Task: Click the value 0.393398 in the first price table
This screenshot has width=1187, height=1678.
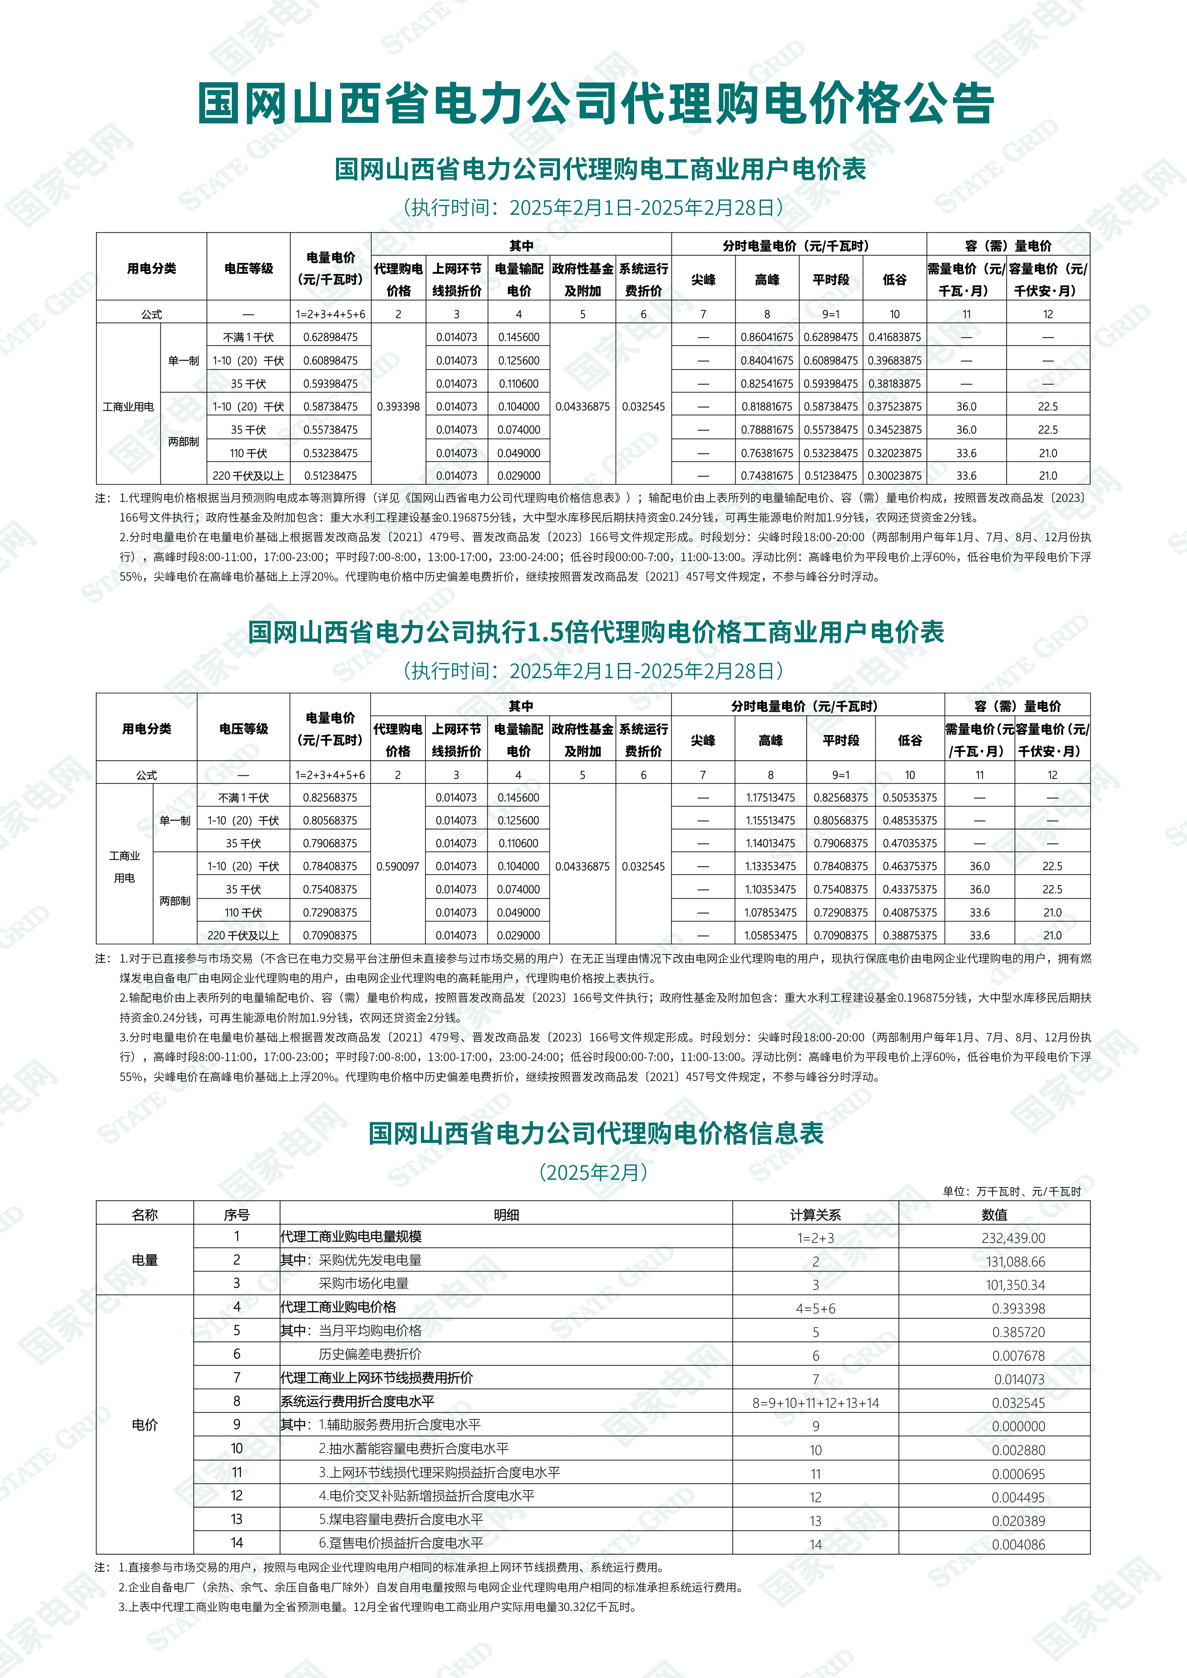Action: pos(398,406)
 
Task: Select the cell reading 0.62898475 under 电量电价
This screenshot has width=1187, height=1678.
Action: pos(330,337)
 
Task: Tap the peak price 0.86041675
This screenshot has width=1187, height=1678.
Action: pos(767,337)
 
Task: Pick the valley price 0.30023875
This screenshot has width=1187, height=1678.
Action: pos(895,476)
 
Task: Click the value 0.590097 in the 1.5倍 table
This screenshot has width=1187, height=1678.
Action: pos(398,866)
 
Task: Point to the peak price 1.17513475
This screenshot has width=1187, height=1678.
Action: pos(770,797)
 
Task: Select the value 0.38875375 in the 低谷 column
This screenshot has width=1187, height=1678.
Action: pos(909,936)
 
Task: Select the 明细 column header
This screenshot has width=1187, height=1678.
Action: pos(506,1215)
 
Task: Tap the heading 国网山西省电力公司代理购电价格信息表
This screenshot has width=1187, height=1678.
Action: pos(596,1133)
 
